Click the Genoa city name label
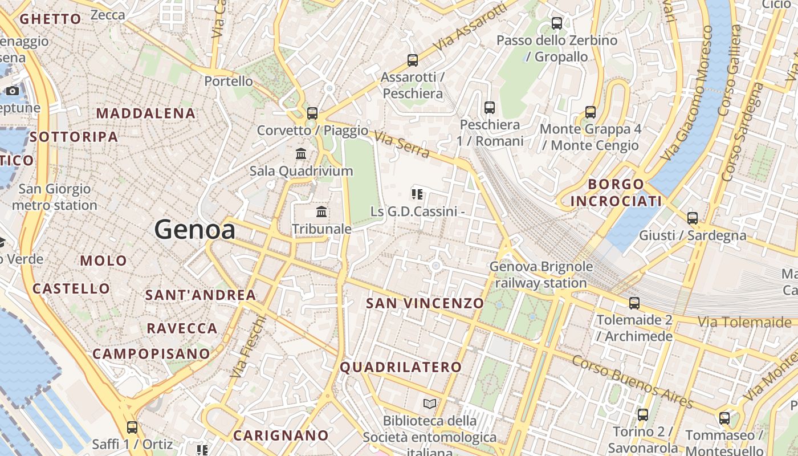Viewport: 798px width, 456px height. [x=194, y=230]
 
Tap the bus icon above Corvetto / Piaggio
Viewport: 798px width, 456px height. [x=312, y=113]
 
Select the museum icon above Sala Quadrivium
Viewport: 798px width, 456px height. [x=301, y=153]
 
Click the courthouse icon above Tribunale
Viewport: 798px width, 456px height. [x=321, y=212]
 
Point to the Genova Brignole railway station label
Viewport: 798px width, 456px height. [x=541, y=274]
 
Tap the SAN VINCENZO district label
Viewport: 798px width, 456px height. [x=425, y=303]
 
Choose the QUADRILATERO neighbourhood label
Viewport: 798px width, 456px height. [x=401, y=368]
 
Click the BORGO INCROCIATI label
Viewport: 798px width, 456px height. [x=616, y=193]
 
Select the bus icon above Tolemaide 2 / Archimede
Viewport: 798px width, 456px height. [x=634, y=303]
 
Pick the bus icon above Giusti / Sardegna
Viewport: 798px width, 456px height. [x=693, y=218]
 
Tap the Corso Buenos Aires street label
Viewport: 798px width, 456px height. [x=632, y=381]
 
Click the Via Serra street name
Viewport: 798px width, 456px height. [x=402, y=145]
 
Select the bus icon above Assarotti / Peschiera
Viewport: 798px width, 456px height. [x=412, y=60]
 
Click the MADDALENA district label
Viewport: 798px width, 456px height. [x=146, y=113]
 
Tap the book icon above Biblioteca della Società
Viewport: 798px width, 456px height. [x=430, y=404]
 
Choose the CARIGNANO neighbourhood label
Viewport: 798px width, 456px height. [x=281, y=436]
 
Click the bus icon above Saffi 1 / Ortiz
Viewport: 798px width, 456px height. [x=132, y=427]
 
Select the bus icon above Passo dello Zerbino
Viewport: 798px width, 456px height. [x=557, y=23]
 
